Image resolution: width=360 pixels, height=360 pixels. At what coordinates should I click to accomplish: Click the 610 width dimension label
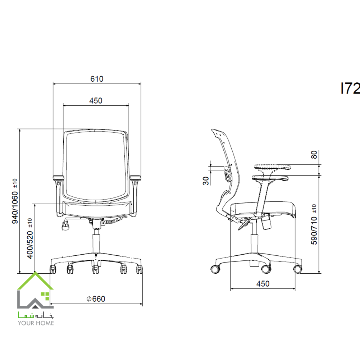pos(97,79)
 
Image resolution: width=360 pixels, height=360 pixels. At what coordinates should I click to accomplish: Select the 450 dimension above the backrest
pos(96,101)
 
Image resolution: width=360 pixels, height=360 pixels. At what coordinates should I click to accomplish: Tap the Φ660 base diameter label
pos(96,299)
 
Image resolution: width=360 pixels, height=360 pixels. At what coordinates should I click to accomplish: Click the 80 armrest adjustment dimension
pos(314,155)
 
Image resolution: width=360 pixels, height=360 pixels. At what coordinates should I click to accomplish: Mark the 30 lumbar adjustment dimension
pos(206,181)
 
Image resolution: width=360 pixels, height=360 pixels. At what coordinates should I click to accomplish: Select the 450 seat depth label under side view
pos(263,284)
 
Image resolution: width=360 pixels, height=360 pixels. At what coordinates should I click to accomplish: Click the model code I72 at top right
pos(350,88)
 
